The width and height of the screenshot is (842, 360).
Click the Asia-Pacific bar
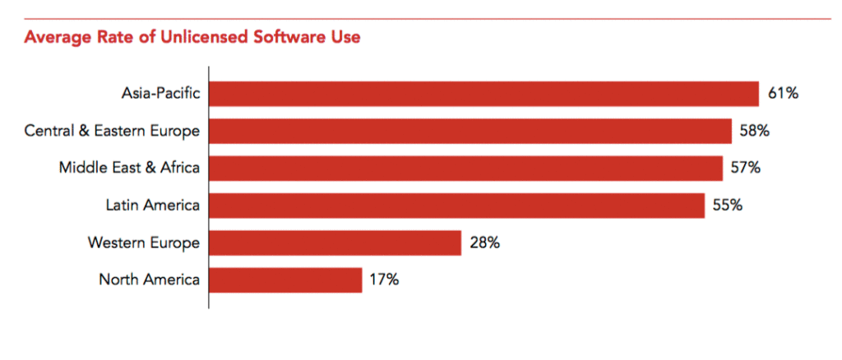(483, 94)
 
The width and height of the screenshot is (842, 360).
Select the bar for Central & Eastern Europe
(470, 131)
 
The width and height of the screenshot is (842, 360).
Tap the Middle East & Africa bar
(465, 168)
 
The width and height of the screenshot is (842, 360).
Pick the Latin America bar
(456, 205)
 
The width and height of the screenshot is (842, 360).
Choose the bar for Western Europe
(335, 242)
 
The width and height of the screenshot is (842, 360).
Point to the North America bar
(285, 279)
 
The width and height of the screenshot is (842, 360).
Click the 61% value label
(783, 94)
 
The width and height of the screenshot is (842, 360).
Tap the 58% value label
(756, 131)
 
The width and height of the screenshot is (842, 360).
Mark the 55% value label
(728, 205)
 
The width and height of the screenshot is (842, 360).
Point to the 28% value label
(484, 242)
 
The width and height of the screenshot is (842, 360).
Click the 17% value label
(384, 279)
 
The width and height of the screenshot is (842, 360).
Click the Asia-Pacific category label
(160, 94)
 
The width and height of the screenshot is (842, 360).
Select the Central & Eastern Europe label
(112, 131)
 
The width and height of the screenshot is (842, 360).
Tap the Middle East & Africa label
(129, 168)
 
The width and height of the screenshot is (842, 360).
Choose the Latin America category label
(153, 205)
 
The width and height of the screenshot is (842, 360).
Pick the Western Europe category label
(143, 242)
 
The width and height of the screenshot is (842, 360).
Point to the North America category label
(149, 279)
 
